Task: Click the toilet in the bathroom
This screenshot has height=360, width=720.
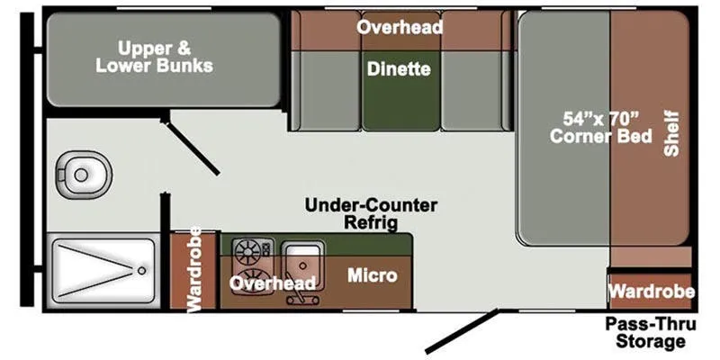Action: coord(84,175)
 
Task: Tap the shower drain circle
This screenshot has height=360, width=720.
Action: coord(142,271)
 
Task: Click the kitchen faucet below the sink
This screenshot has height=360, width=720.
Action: coord(302,298)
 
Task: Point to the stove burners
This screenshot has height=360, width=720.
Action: coord(252,262)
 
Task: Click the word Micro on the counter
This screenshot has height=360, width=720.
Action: coord(373,275)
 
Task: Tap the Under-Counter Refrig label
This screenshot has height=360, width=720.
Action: coord(371,214)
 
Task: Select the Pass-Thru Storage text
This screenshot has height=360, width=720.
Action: coord(650,332)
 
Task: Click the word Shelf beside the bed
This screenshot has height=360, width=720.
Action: coord(671,133)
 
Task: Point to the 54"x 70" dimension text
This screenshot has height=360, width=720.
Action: coord(601,119)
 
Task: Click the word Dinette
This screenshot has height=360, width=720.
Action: coord(399,69)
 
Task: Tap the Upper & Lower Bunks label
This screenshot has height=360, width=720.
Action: coord(154,57)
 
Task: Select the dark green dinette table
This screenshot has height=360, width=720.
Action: coord(400,90)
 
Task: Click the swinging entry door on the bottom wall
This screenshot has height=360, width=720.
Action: coord(462,331)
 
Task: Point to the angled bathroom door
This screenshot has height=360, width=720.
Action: coord(190,146)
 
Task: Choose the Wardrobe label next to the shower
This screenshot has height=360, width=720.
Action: coord(194,270)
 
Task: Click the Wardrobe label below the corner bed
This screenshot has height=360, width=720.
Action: coord(652,291)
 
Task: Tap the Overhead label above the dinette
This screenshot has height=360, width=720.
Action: coord(400,28)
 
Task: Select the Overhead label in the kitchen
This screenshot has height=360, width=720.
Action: coord(273,283)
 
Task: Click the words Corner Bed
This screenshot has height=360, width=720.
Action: coord(601,136)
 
